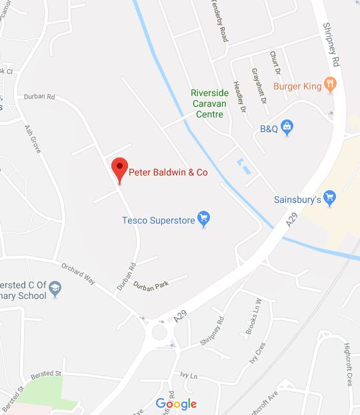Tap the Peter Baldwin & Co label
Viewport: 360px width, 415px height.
[x=168, y=172]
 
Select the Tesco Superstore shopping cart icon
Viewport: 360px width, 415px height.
[x=205, y=218]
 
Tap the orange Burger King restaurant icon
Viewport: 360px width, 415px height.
[x=330, y=84]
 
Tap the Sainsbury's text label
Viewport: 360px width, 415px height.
[x=297, y=199]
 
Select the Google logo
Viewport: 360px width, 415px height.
[x=177, y=403]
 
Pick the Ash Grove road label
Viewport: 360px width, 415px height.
[x=33, y=139]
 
